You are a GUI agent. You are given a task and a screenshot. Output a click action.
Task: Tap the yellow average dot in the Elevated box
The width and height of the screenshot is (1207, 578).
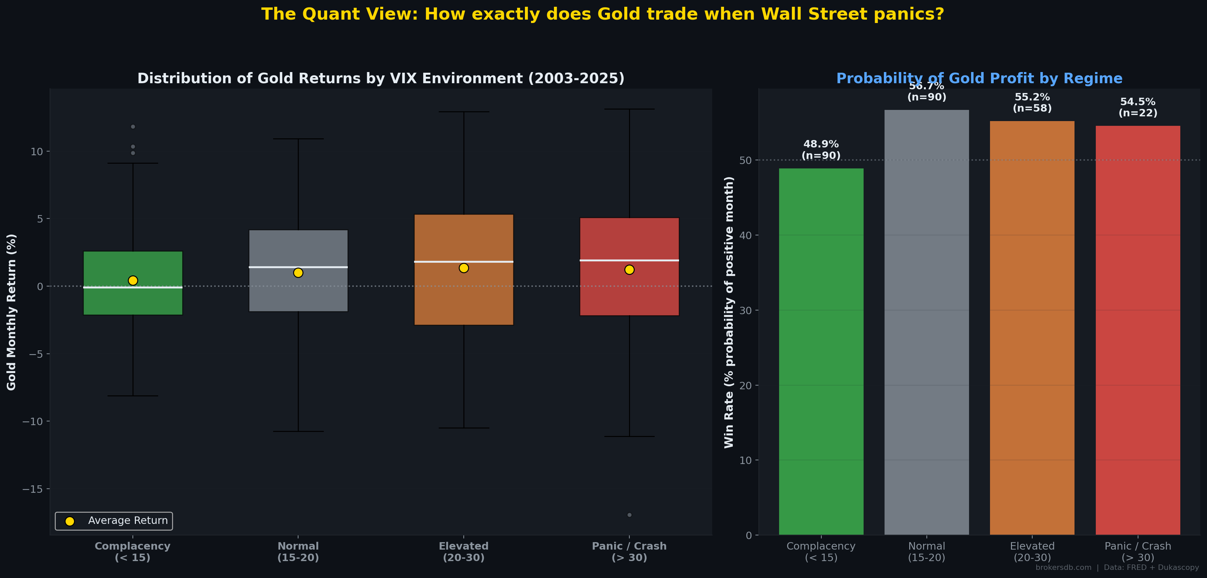coord(464,268)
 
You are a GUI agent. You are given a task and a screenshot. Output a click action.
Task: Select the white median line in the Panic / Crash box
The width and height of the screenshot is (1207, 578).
coord(629,260)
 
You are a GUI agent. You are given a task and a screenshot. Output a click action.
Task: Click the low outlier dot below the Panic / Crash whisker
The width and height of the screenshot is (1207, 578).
coord(629,515)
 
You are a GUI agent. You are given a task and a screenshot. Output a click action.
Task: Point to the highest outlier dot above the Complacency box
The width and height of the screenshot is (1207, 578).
coord(133,126)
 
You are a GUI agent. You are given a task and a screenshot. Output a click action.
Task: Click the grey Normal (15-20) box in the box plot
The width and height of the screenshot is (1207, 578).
coord(298,291)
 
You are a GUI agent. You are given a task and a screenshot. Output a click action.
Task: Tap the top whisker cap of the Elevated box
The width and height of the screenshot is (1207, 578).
coord(464,112)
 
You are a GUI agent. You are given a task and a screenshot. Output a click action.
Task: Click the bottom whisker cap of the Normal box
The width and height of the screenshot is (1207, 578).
coord(298,431)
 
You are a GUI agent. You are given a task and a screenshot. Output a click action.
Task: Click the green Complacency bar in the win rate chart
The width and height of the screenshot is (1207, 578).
coord(821,352)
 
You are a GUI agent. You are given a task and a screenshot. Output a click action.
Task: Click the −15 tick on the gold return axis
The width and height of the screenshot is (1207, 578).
coord(32,489)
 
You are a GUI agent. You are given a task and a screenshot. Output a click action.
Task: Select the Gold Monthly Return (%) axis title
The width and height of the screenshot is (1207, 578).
coord(11,312)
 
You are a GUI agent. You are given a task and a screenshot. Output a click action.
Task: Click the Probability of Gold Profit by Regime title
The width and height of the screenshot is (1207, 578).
coord(979,78)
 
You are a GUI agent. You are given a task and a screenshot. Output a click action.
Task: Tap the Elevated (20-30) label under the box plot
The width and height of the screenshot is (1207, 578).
coord(464,552)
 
